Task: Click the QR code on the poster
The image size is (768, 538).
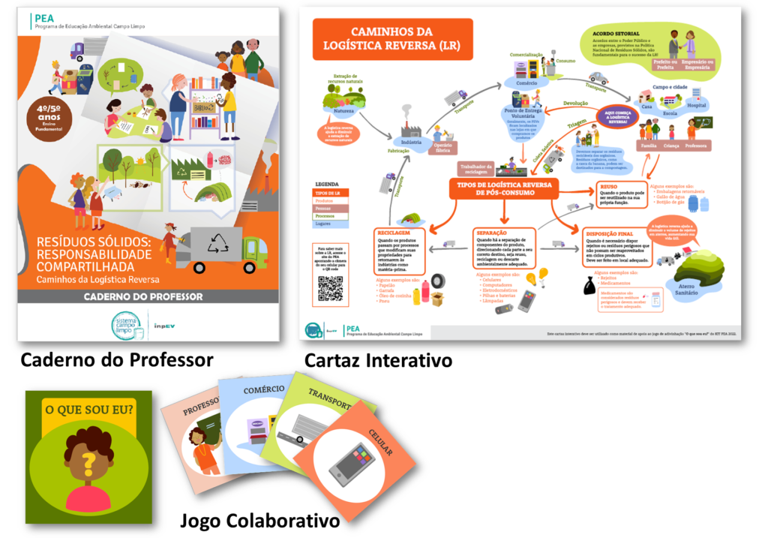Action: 330,287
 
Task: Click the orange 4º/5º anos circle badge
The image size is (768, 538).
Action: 43,118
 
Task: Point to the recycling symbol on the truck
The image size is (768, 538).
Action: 218,242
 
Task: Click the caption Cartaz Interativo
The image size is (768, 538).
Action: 378,361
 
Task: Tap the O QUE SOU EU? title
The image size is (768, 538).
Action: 89,410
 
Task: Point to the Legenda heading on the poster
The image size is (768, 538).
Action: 327,183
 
